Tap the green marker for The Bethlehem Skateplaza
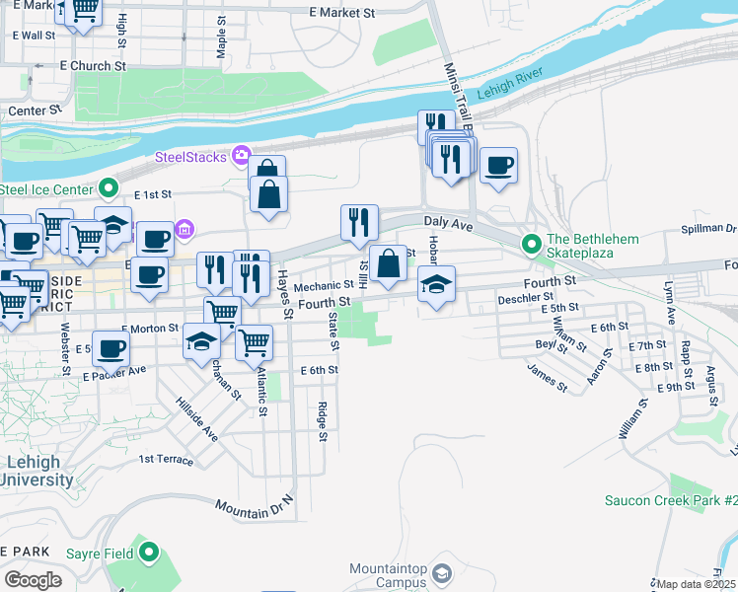pyautogui.click(x=532, y=242)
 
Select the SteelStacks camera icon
pyautogui.click(x=241, y=157)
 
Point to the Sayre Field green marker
pyautogui.click(x=149, y=553)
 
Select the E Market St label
pyautogui.click(x=342, y=14)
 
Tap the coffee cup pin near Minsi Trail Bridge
pyautogui.click(x=498, y=165)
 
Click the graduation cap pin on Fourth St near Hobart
pyautogui.click(x=435, y=285)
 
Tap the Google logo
pyautogui.click(x=33, y=580)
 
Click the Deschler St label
pyautogui.click(x=521, y=297)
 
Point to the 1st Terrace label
pyautogui.click(x=166, y=459)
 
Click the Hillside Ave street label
pyautogui.click(x=196, y=419)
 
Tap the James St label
pyautogui.click(x=548, y=377)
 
